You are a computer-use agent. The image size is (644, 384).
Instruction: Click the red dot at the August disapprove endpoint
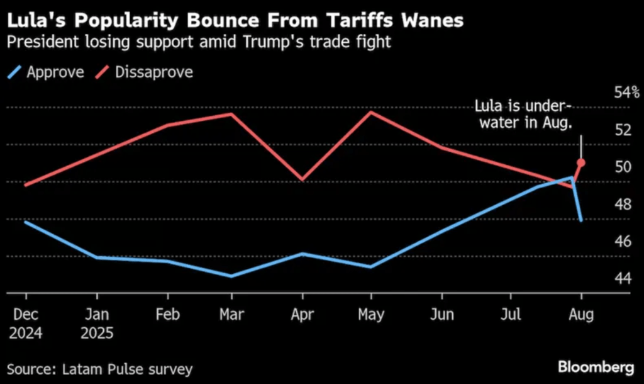(581, 163)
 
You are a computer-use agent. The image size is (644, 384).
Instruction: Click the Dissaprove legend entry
(145, 72)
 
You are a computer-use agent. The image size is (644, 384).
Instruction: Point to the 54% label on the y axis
(626, 93)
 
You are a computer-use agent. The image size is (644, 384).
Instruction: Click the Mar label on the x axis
(231, 314)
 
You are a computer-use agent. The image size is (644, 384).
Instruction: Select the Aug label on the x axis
(581, 314)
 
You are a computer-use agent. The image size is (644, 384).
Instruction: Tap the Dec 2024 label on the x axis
(26, 323)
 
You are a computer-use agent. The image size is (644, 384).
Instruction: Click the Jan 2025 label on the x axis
(97, 323)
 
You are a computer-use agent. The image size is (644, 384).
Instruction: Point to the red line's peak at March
(232, 115)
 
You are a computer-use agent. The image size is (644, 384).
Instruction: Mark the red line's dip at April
(303, 179)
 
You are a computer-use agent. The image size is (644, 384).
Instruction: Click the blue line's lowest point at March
(232, 276)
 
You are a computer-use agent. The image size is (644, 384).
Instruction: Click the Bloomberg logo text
(595, 366)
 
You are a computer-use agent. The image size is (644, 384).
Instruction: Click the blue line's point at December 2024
(26, 222)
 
